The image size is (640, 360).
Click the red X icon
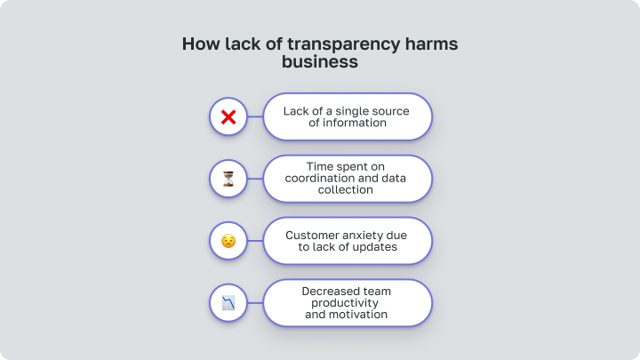[x=228, y=117]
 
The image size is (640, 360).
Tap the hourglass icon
[x=228, y=179]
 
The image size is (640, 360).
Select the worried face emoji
[x=228, y=241]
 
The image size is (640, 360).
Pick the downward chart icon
[x=228, y=303]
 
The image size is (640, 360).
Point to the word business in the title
[x=320, y=61]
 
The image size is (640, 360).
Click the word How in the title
[x=201, y=44]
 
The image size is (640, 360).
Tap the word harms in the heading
[x=431, y=44]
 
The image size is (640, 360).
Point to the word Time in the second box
[x=319, y=166]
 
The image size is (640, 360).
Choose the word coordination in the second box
[x=314, y=179]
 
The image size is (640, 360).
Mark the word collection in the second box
[x=345, y=190]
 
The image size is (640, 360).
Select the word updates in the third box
[x=374, y=247]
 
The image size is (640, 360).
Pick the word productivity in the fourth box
[x=345, y=303]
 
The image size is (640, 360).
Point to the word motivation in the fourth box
[x=358, y=315]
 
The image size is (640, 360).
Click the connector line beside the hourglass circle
[x=255, y=179]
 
